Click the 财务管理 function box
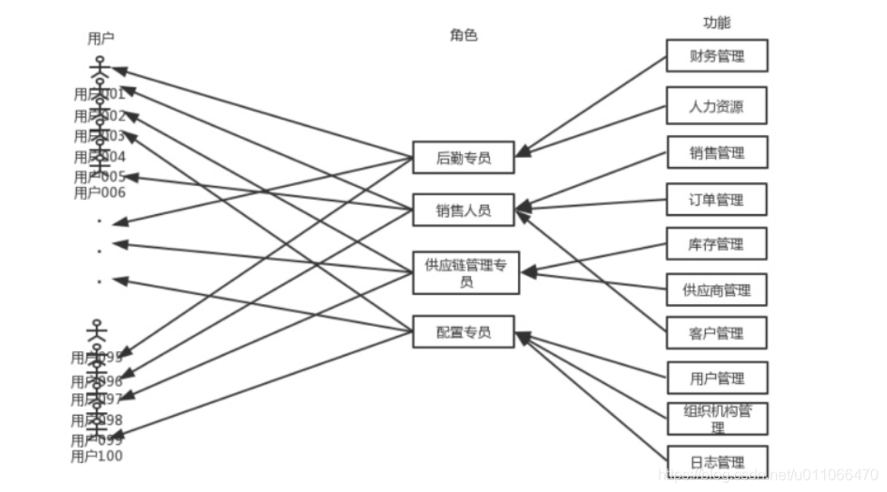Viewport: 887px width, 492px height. pyautogui.click(x=717, y=56)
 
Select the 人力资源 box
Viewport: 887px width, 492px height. pyautogui.click(x=717, y=106)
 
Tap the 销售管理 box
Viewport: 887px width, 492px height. pyautogui.click(x=717, y=153)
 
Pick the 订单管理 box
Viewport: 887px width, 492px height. pyautogui.click(x=717, y=199)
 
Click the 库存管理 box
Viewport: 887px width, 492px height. pyautogui.click(x=717, y=244)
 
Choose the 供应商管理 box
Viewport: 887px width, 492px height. pyautogui.click(x=717, y=289)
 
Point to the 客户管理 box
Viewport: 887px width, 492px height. pyautogui.click(x=717, y=333)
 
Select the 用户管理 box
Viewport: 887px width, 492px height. pyautogui.click(x=717, y=377)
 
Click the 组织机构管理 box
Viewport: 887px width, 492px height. pyautogui.click(x=717, y=419)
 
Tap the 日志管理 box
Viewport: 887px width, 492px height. pyautogui.click(x=717, y=461)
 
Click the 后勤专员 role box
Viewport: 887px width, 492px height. pyautogui.click(x=464, y=158)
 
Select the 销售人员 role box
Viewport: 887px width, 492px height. pyautogui.click(x=464, y=209)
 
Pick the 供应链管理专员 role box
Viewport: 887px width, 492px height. pyautogui.click(x=466, y=272)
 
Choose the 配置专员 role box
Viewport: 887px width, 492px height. pyautogui.click(x=464, y=331)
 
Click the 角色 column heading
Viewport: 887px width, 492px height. pyautogui.click(x=464, y=36)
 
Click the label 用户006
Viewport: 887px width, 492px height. pyautogui.click(x=99, y=192)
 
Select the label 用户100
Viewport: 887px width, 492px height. pyautogui.click(x=97, y=456)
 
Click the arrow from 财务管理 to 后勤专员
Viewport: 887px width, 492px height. pyautogui.click(x=591, y=103)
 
